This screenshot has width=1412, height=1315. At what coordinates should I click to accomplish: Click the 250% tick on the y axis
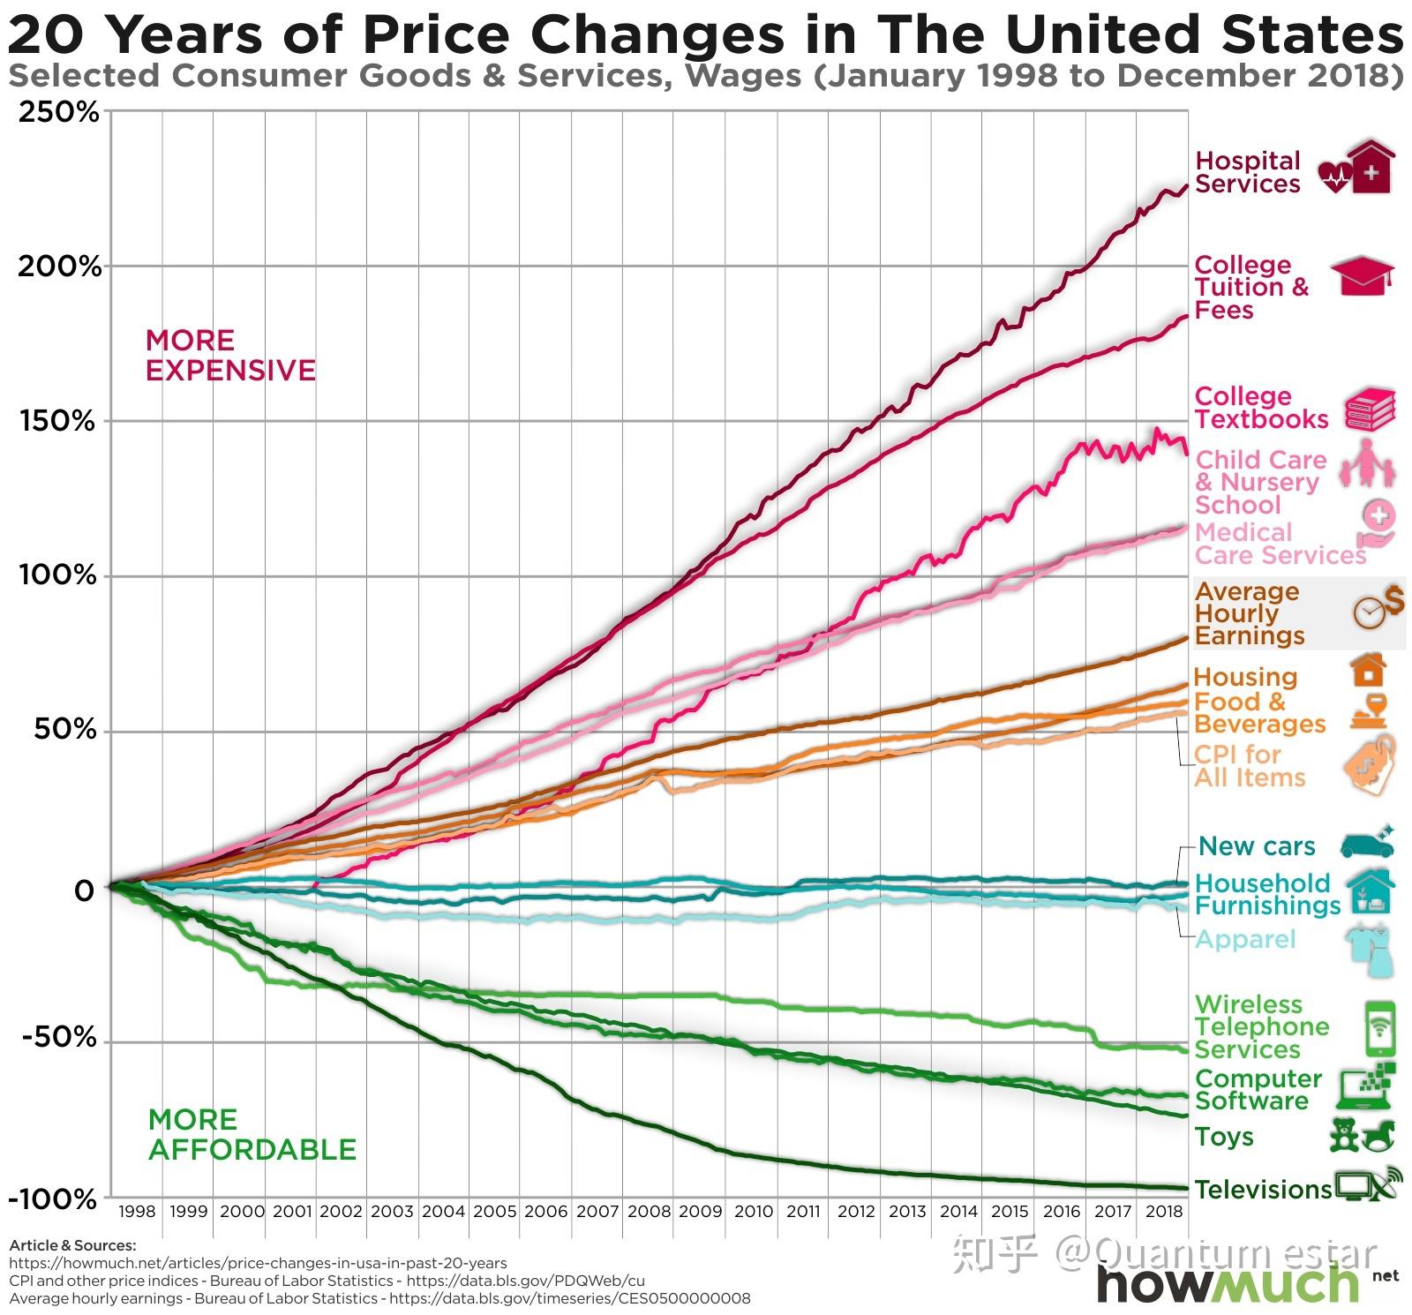tap(58, 112)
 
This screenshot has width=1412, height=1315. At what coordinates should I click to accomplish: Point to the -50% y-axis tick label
tap(58, 1037)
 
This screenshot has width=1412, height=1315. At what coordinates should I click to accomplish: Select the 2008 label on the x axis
tap(649, 1212)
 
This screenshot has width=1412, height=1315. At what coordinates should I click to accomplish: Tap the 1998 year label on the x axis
tap(137, 1212)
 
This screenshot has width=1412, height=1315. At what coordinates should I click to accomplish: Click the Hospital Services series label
tap(1247, 172)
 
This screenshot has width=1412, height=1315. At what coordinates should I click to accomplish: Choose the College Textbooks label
tap(1260, 408)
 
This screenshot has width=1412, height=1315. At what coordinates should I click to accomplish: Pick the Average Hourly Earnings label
tap(1249, 613)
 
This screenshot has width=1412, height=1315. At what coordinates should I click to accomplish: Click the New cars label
tap(1257, 846)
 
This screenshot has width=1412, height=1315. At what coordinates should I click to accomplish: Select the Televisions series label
tap(1263, 1190)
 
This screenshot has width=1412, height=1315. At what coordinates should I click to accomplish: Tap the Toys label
tap(1224, 1137)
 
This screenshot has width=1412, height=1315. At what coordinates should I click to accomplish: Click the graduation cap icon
tap(1362, 275)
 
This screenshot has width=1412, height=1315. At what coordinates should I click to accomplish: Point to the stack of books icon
tap(1370, 410)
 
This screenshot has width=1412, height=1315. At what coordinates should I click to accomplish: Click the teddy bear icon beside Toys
tap(1344, 1135)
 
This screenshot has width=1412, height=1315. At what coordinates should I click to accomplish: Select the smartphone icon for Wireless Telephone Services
tap(1380, 1028)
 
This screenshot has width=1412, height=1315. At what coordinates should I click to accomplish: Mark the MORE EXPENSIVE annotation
tap(230, 355)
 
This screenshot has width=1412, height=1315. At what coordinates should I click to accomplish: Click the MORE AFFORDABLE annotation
tap(252, 1135)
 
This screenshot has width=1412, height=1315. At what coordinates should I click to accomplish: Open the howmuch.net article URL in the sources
tap(258, 1263)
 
